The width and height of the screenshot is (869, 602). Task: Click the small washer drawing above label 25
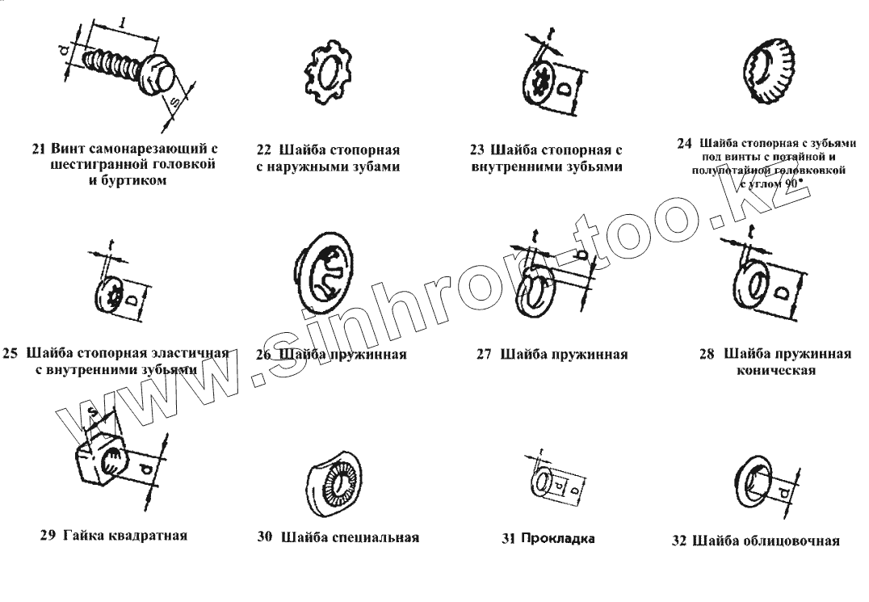[x=112, y=297]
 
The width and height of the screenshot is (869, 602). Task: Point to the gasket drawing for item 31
[x=546, y=483]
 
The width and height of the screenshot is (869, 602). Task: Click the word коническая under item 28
[x=775, y=371]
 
